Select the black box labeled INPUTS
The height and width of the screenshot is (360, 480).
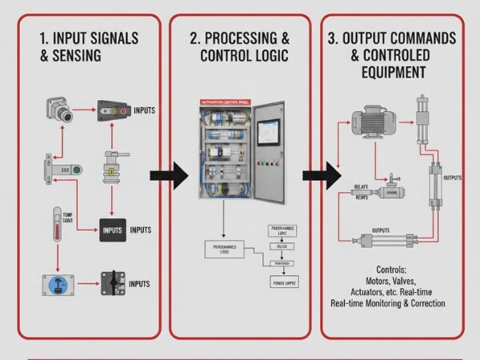coord(113,230)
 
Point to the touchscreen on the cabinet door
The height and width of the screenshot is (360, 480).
coord(269,132)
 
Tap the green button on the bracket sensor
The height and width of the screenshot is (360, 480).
coord(76,170)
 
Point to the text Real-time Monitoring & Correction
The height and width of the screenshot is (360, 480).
coord(387,304)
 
